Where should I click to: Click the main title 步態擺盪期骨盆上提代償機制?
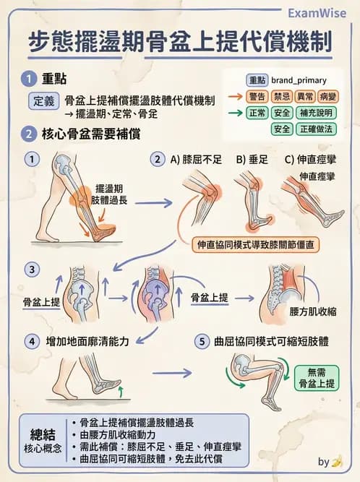[180, 43]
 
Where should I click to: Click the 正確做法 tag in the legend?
[314, 129]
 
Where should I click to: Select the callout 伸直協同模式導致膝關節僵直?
[257, 245]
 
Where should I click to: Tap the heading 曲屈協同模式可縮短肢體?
[272, 340]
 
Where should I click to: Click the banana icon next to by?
[337, 460]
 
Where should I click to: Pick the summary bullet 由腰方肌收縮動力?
[119, 434]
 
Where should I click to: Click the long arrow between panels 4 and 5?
[173, 373]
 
